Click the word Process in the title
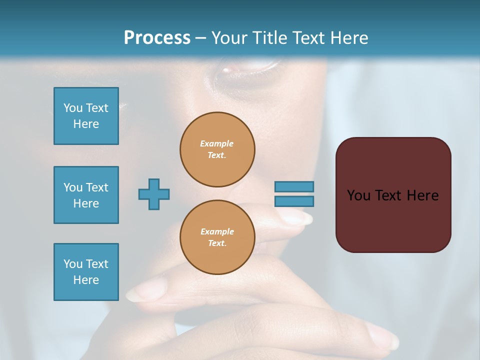[x=157, y=38]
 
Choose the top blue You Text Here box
[x=86, y=116]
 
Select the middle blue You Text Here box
[x=86, y=195]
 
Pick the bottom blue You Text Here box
[x=86, y=272]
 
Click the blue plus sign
[x=154, y=194]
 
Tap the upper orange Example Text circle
[x=217, y=149]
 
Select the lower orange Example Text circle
[x=217, y=237]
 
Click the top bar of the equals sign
[x=294, y=186]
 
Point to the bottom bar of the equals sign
[x=294, y=201]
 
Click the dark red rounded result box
[x=393, y=195]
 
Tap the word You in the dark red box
[x=358, y=195]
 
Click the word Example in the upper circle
[x=217, y=143]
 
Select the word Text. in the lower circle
[x=217, y=243]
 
